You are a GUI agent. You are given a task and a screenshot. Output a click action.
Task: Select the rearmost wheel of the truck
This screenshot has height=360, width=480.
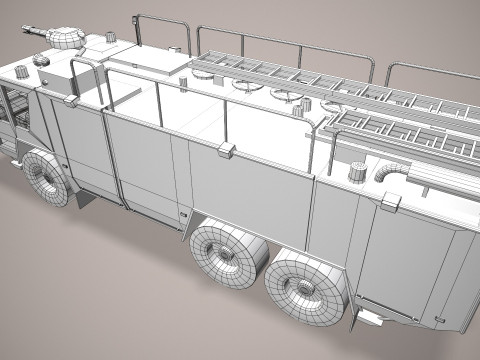coord(304,286)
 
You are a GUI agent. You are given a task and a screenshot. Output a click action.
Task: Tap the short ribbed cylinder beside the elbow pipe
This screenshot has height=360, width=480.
coord(358,171)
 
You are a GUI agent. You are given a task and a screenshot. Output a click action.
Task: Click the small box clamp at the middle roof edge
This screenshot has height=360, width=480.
coord(226,150)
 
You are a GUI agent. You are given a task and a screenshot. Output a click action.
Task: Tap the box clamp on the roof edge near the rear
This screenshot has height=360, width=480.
coord(389,202)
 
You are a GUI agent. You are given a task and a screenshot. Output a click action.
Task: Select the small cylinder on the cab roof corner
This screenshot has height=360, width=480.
coord(41,60)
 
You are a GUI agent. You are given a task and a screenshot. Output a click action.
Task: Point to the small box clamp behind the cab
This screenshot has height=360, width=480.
coord(72,101)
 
